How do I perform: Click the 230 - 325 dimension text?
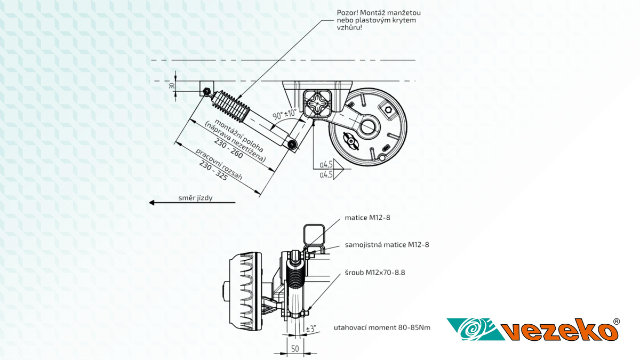(213, 172)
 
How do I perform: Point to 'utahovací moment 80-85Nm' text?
(382, 327)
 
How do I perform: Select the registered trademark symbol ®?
(617, 322)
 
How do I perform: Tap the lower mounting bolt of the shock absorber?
(292, 144)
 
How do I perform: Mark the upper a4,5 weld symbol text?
(326, 165)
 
